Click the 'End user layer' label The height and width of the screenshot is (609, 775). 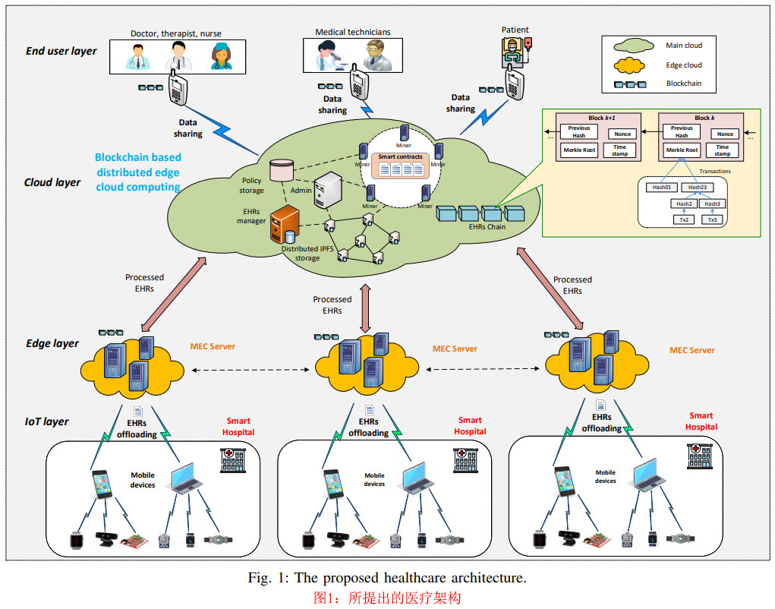point(61,51)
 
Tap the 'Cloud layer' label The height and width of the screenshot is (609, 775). point(52,182)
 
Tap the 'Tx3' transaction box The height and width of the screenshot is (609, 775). point(712,219)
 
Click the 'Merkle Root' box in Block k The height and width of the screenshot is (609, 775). point(682,150)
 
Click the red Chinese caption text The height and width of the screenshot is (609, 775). point(387,598)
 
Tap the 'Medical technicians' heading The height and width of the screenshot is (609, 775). point(352,33)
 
